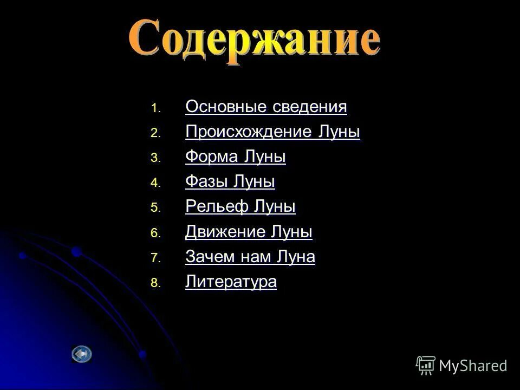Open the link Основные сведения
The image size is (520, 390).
[266, 107]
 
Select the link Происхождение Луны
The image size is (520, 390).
[272, 132]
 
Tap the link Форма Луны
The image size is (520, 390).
[236, 157]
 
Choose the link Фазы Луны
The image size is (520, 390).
[230, 182]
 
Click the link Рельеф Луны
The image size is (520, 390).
[240, 207]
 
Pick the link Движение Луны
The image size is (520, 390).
[249, 232]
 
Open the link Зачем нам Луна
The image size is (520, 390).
[250, 257]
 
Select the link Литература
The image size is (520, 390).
[231, 282]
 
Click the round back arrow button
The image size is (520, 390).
[82, 354]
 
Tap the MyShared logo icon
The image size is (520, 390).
[426, 366]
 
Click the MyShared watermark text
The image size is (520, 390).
[473, 366]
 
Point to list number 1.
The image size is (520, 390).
[155, 109]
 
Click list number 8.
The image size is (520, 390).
[155, 284]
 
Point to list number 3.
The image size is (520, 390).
[155, 159]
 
